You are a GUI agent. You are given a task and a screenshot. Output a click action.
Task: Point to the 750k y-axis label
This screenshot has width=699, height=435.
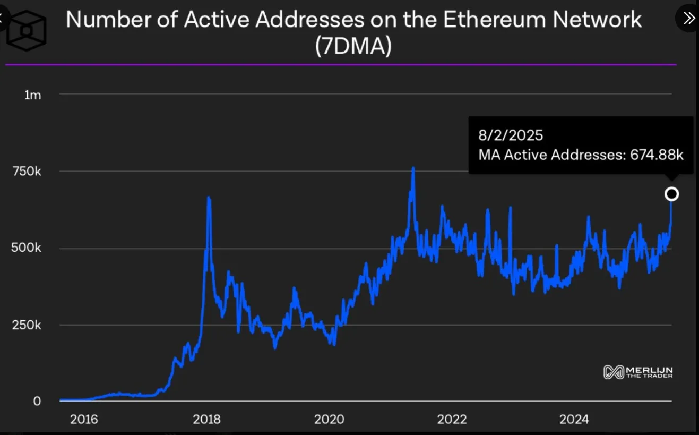[26, 172]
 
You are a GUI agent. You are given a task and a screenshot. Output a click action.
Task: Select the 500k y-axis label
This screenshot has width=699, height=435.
[26, 249]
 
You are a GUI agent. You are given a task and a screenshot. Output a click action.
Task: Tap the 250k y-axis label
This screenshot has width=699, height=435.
[26, 325]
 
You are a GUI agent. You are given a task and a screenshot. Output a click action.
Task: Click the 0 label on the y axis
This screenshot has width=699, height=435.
[37, 401]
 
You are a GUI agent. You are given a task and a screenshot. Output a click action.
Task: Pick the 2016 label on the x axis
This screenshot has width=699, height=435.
[84, 420]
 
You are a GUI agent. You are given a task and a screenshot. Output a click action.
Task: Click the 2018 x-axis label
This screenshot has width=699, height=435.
[206, 420]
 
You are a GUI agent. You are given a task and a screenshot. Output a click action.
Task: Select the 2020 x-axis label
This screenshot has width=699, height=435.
[329, 420]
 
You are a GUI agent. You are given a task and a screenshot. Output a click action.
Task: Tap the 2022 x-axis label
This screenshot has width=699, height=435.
[452, 420]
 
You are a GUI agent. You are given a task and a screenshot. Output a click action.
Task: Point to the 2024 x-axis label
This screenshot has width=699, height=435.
[574, 420]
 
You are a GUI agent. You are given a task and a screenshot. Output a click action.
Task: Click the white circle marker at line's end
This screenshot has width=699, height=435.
[671, 194]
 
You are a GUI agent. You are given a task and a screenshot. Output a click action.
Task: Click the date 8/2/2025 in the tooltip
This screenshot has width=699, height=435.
[511, 135]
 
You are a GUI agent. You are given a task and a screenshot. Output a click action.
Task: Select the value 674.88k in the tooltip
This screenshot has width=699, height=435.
[657, 155]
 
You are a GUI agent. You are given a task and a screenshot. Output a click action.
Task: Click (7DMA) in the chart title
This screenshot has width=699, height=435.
[353, 47]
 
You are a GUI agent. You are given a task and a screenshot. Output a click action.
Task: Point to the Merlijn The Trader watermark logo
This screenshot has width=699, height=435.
[638, 372]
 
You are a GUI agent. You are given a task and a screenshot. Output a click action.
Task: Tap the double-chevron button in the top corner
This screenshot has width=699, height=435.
[689, 18]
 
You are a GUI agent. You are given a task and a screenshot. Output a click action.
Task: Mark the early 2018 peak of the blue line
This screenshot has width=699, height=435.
[209, 197]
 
